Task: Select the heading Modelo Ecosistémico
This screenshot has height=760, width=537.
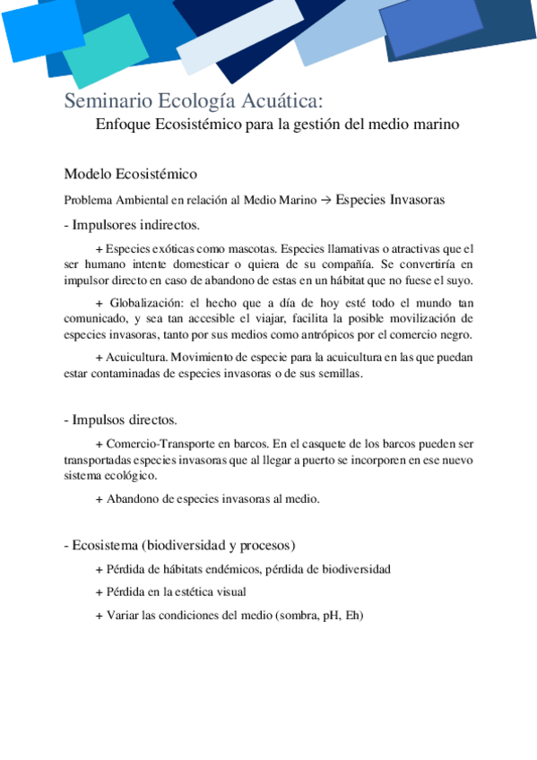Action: [131, 174]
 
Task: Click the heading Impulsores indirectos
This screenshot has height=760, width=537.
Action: [134, 224]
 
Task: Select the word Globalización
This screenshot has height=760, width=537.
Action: [144, 303]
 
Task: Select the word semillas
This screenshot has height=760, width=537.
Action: [335, 375]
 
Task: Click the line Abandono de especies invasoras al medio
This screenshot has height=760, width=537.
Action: [207, 499]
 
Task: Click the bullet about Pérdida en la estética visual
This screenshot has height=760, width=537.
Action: [170, 592]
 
